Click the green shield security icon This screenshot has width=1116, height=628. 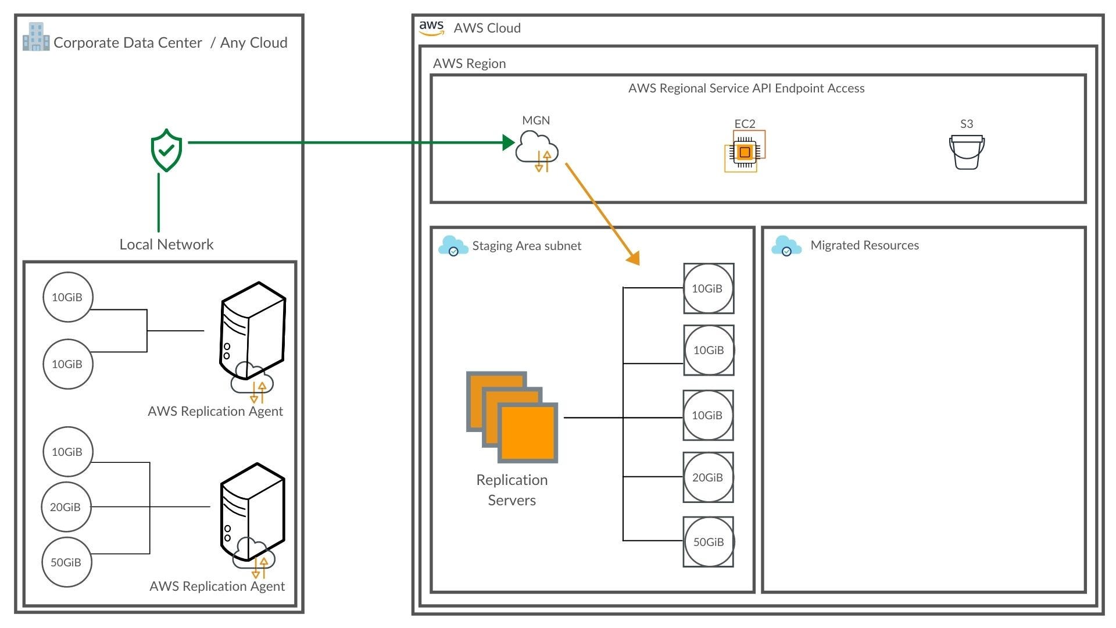click(166, 150)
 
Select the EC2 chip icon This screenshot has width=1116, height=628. click(745, 151)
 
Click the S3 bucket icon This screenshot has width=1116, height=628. click(967, 152)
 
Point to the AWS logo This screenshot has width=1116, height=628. click(431, 27)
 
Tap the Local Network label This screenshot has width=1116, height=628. click(166, 244)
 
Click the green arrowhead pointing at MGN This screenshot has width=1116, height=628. click(509, 142)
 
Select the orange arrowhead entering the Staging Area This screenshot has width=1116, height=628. click(634, 257)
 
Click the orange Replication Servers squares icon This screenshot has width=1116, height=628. click(512, 417)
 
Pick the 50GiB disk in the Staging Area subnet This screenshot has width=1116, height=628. click(709, 542)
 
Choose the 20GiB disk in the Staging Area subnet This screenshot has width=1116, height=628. click(708, 477)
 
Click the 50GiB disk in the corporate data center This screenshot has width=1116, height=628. click(66, 562)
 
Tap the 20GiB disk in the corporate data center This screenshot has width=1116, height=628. click(66, 507)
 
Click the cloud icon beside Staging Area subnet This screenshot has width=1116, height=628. click(453, 245)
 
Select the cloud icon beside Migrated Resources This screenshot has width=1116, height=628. click(786, 245)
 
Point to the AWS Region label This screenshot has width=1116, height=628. click(469, 63)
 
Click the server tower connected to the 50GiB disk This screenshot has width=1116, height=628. click(253, 512)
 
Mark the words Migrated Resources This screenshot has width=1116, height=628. click(864, 245)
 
